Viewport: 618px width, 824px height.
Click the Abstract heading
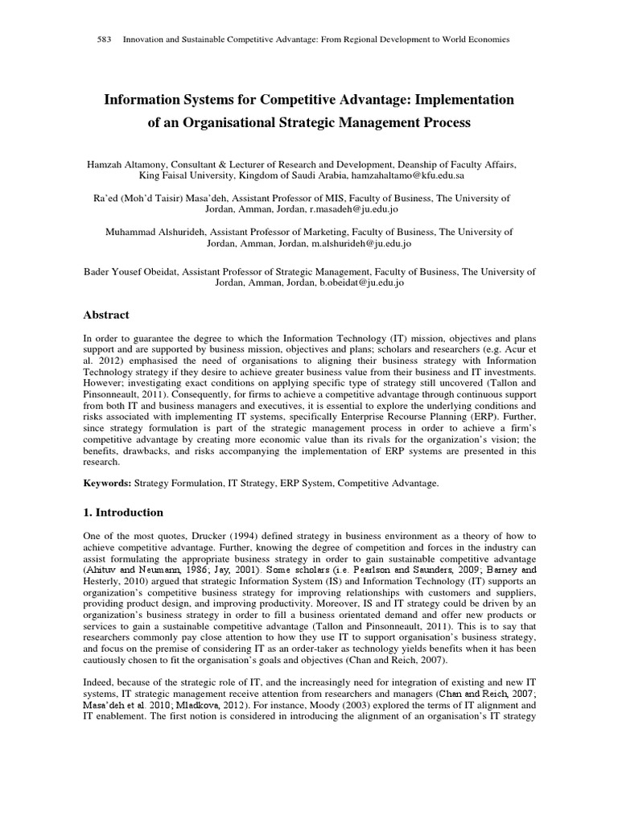[x=106, y=315]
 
